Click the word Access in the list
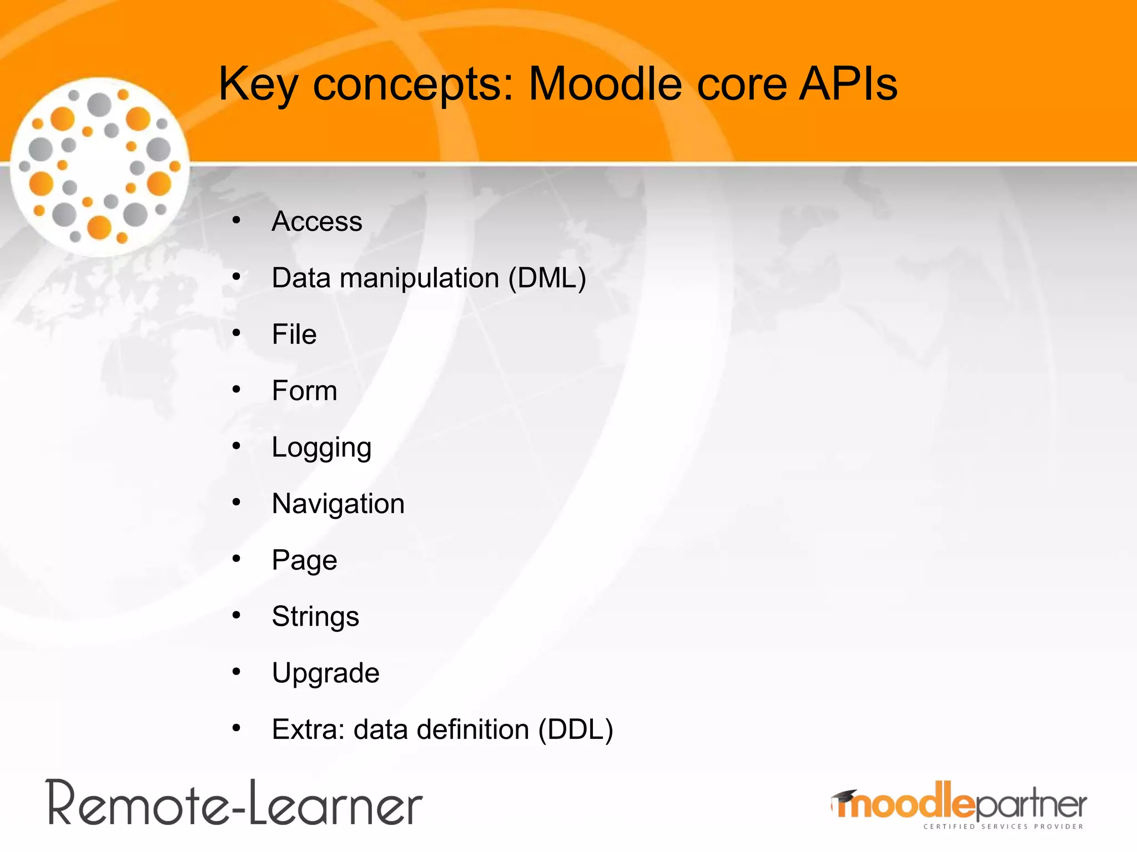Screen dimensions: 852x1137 pyautogui.click(x=316, y=221)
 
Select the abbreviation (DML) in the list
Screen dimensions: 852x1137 pyautogui.click(x=547, y=278)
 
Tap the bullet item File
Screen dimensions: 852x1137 pyautogui.click(x=294, y=334)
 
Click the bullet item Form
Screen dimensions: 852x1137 pyautogui.click(x=304, y=390)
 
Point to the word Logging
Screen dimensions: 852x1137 pyautogui.click(x=321, y=448)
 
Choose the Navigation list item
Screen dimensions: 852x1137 pyautogui.click(x=338, y=504)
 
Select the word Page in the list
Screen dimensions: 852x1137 pyautogui.click(x=304, y=560)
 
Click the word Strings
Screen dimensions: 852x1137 pyautogui.click(x=315, y=616)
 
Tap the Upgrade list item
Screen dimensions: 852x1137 pyautogui.click(x=325, y=673)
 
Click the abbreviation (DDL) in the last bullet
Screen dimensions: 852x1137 pyautogui.click(x=576, y=729)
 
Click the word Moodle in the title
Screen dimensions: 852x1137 pyautogui.click(x=605, y=84)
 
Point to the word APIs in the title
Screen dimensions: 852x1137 pyautogui.click(x=847, y=84)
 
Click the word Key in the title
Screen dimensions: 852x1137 pyautogui.click(x=258, y=84)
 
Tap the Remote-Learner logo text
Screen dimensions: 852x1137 pyautogui.click(x=234, y=803)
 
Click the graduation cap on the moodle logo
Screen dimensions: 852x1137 pyautogui.click(x=844, y=797)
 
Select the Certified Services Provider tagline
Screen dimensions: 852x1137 pyautogui.click(x=1003, y=826)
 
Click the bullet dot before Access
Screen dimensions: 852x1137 pyautogui.click(x=237, y=220)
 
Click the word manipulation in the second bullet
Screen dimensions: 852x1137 pyautogui.click(x=419, y=278)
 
